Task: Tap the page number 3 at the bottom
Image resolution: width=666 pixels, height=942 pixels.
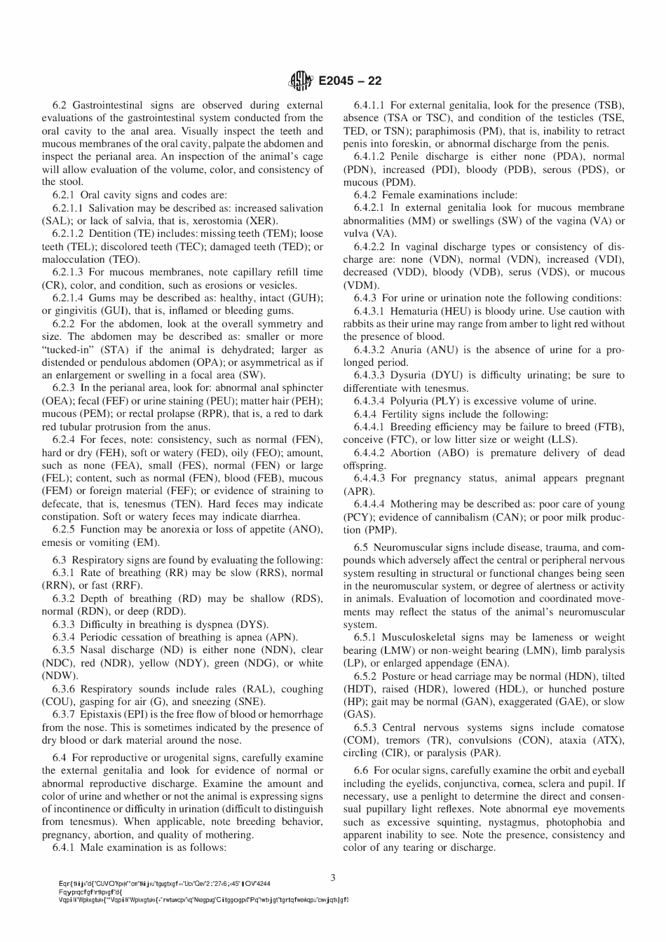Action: (x=333, y=877)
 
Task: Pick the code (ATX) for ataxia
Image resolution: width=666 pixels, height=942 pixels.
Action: (x=606, y=740)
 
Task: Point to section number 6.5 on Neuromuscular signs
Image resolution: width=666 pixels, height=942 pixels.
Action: (x=361, y=547)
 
